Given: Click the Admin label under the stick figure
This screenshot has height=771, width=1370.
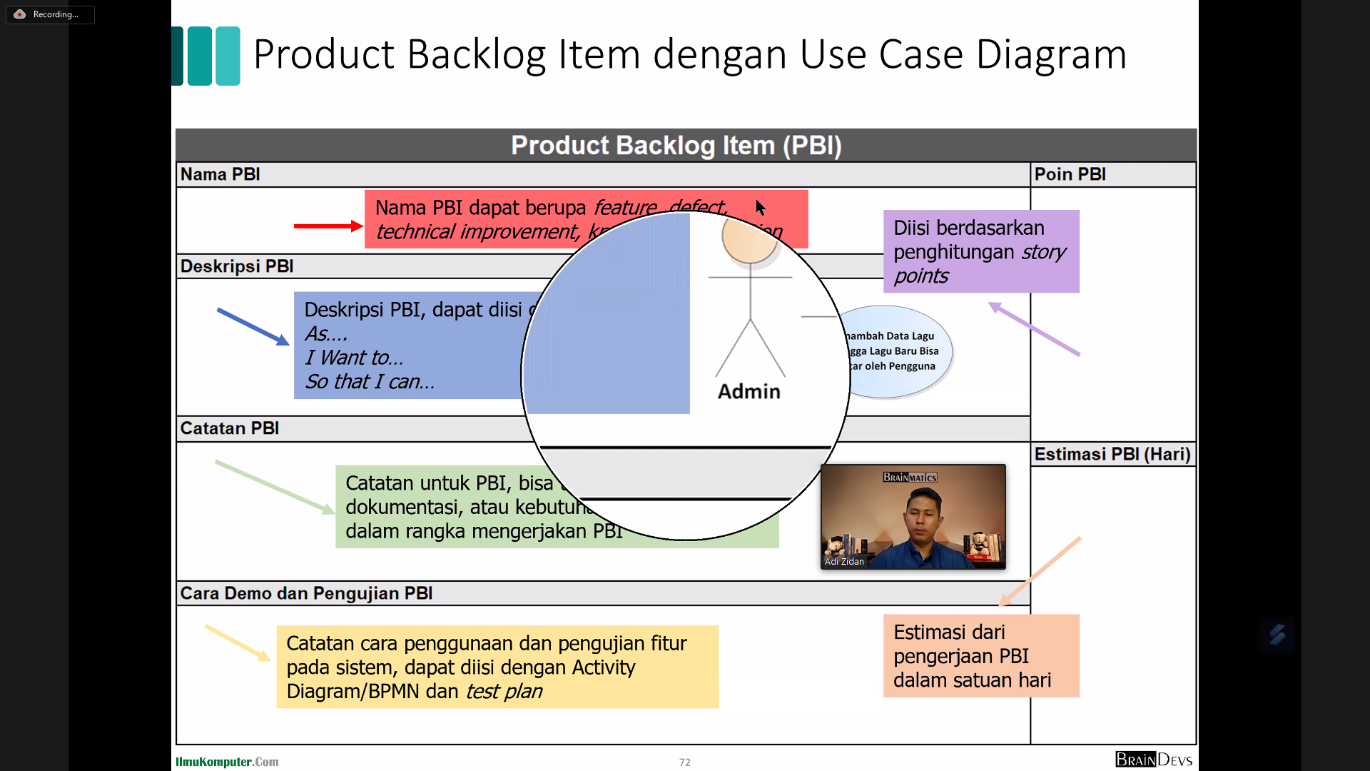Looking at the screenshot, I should coord(749,391).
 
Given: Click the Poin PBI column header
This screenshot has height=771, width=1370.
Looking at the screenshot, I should coord(1070,174).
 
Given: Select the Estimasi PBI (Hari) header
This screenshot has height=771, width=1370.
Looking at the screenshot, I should coord(1112,454).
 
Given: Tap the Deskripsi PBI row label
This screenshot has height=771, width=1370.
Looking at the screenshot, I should coord(237,266).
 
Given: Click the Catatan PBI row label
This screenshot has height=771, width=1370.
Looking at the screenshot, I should coord(229,428).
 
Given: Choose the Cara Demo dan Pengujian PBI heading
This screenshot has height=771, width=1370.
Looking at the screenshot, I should coord(306,593).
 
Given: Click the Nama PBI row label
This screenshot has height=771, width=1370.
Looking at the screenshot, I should coord(220,174).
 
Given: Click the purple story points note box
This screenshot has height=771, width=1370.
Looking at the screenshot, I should coord(980,251).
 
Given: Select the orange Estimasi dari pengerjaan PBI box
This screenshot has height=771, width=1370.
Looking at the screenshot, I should coord(980,655).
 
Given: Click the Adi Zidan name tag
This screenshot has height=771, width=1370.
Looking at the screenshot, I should coord(844,562).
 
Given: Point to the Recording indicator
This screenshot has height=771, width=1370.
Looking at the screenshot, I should coord(50,14).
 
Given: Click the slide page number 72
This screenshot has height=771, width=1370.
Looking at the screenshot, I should coord(684,762).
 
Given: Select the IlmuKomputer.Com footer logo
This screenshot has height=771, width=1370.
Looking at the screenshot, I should coord(227,762).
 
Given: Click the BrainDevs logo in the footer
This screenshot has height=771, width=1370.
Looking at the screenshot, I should coord(1153,760).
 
